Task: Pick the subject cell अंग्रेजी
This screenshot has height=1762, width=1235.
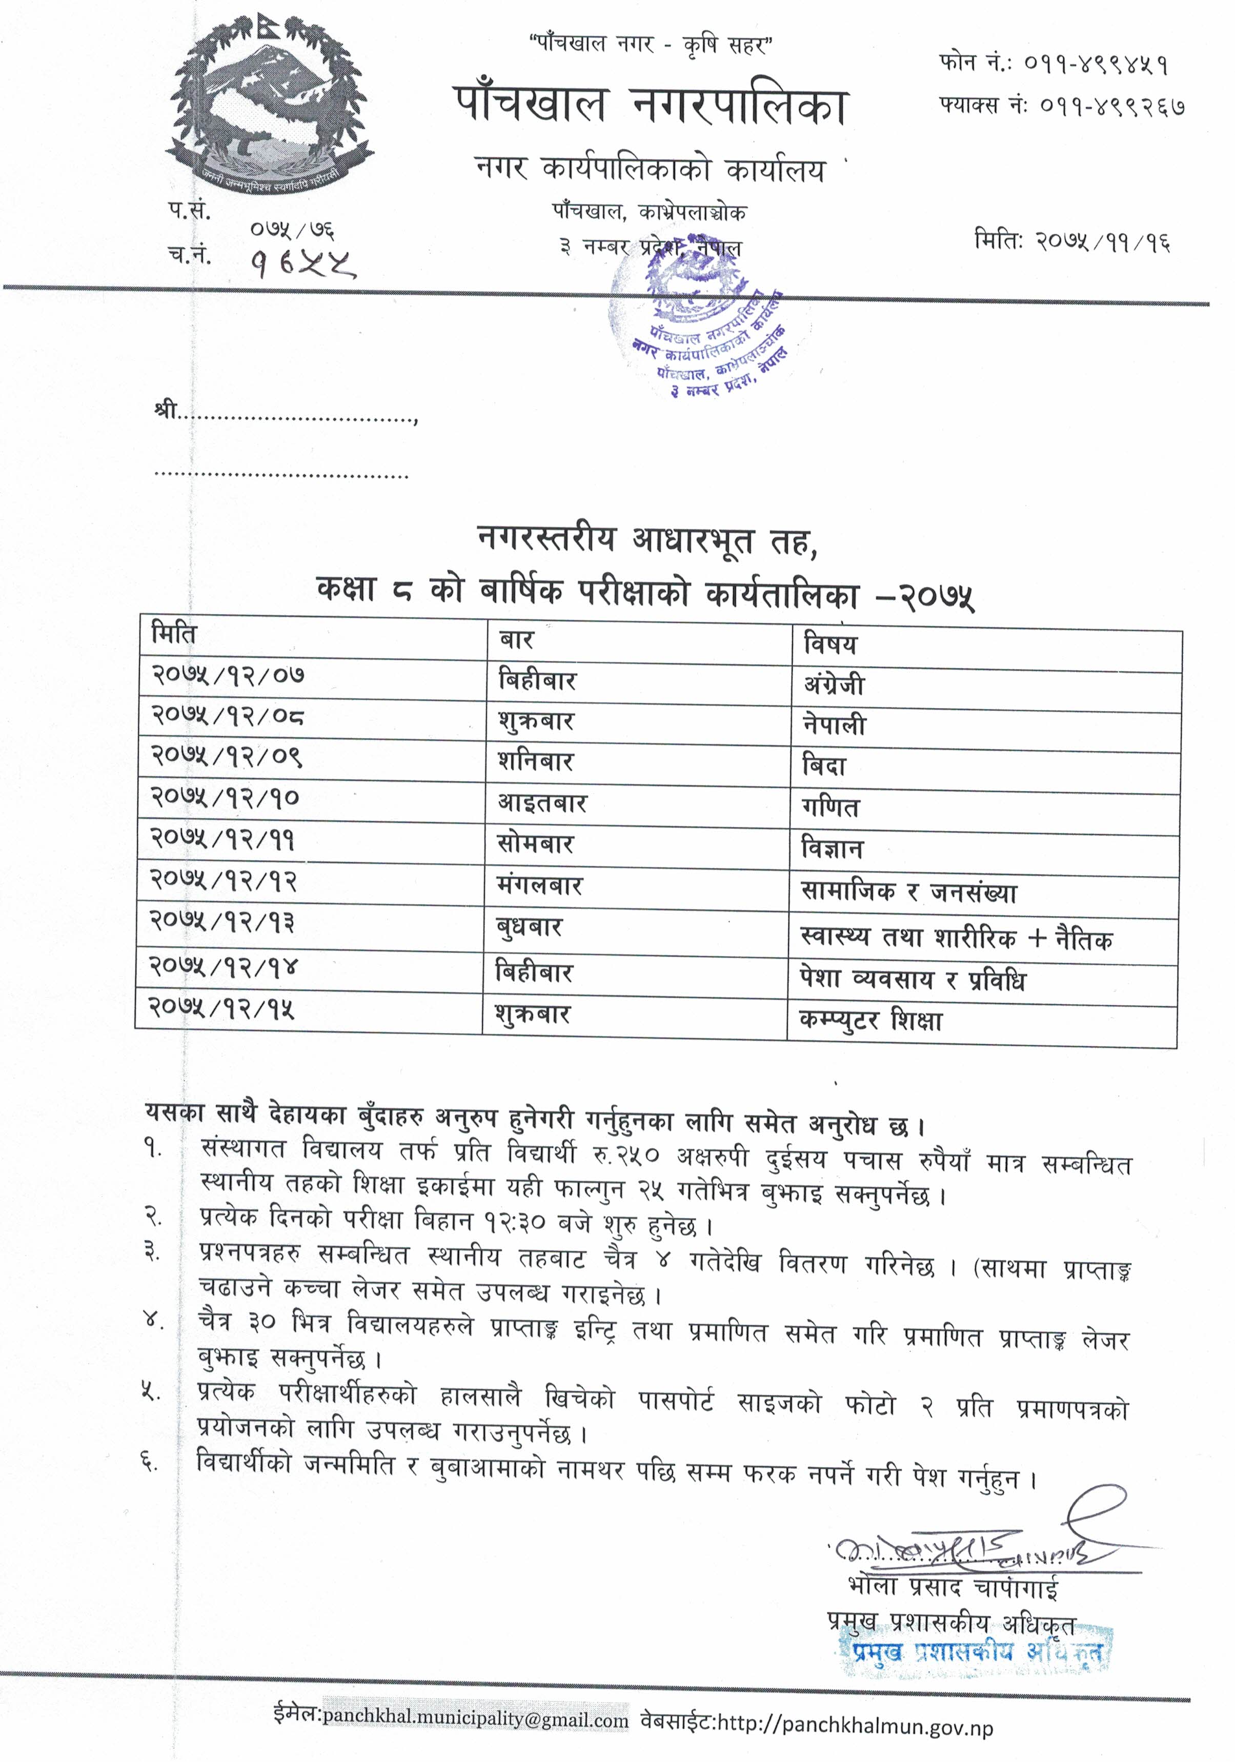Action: [834, 684]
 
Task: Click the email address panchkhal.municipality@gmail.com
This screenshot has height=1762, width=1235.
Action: [475, 1719]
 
